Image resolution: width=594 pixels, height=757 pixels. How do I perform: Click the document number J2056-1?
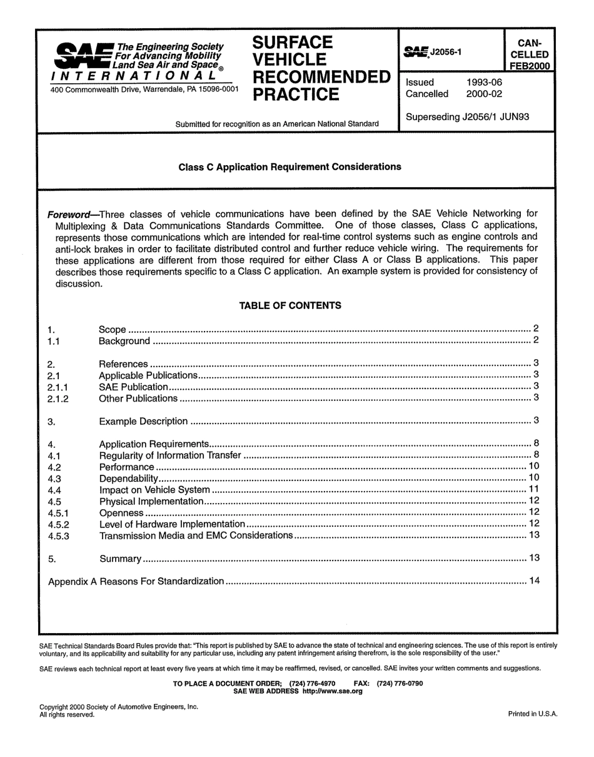445,53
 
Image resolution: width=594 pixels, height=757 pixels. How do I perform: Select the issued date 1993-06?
484,83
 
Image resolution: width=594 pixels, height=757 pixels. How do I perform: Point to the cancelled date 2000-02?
484,94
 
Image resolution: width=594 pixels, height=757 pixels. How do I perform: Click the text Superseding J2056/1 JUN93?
468,117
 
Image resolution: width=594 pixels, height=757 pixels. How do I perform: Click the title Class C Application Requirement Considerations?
289,167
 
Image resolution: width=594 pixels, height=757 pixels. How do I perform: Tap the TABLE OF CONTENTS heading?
290,306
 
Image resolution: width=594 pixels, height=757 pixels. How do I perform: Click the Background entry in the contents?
124,342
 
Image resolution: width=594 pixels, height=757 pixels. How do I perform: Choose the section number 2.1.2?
58,399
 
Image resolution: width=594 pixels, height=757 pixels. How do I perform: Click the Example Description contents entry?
143,422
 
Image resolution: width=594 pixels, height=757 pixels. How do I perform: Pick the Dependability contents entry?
128,479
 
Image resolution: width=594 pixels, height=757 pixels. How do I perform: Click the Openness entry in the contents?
121,513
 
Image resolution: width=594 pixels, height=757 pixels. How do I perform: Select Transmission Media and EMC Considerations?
196,536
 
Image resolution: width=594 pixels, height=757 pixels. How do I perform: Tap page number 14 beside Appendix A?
534,581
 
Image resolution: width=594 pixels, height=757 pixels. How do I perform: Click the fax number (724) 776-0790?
400,683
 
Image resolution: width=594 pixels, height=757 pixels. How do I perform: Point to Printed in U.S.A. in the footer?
532,714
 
